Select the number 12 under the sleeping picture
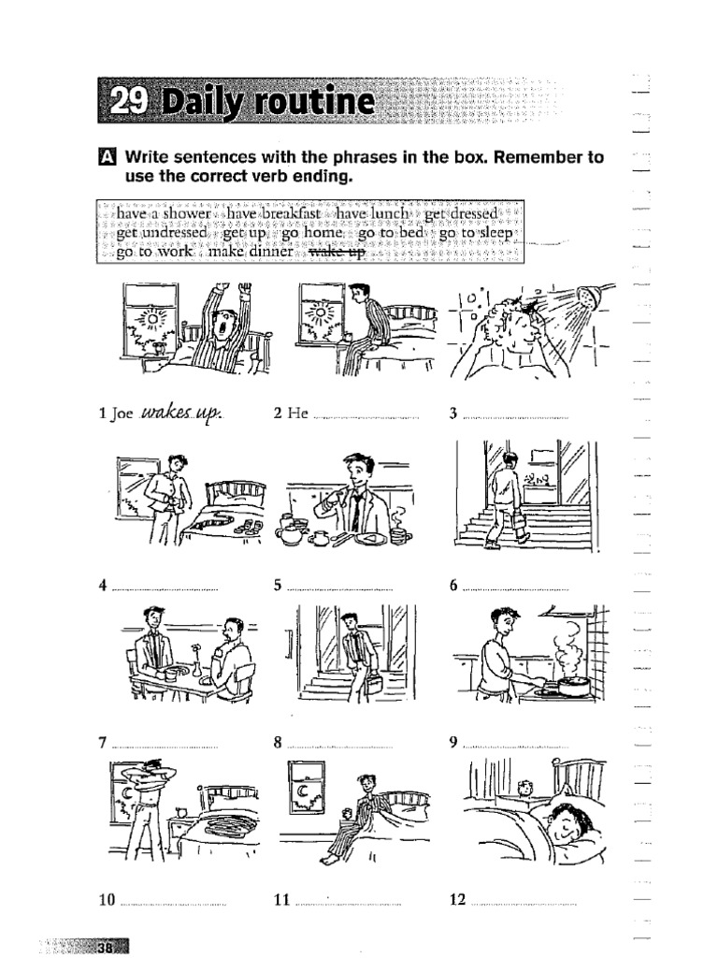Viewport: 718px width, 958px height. (x=457, y=900)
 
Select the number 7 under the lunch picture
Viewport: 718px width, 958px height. (x=102, y=743)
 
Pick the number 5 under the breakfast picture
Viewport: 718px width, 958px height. (x=278, y=586)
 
